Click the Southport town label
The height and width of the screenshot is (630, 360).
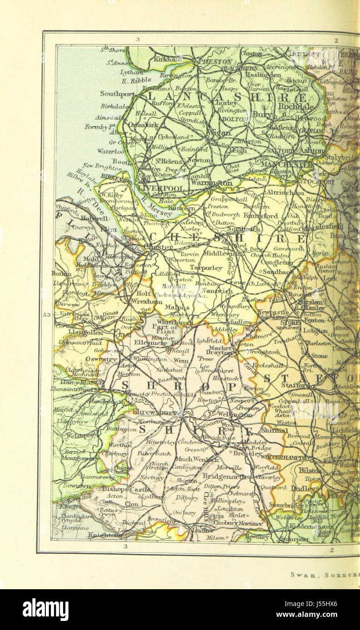tap(117, 94)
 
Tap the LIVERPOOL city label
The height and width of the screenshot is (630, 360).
tap(161, 188)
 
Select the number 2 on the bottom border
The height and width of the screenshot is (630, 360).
tap(331, 550)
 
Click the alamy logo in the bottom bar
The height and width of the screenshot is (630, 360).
tap(45, 610)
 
